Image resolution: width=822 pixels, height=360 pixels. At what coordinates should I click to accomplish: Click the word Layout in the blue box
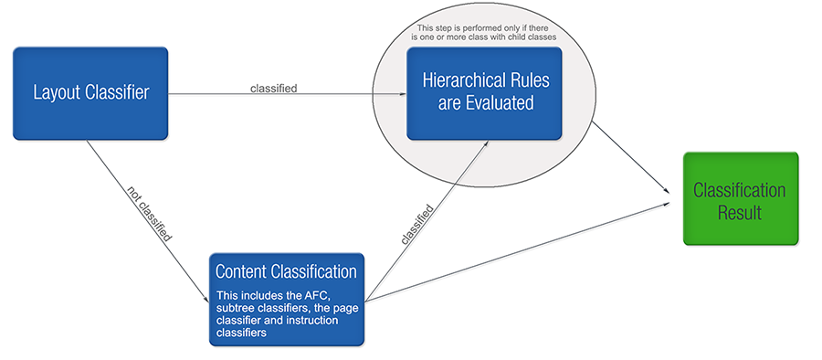[56, 92]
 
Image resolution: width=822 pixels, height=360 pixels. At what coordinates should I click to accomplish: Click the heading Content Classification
[286, 271]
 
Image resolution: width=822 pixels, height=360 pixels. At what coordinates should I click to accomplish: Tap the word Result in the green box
[740, 211]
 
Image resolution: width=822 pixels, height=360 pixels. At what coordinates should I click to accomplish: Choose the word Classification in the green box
[740, 190]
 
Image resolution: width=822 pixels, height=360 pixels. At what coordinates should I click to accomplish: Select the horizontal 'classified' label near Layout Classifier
[274, 88]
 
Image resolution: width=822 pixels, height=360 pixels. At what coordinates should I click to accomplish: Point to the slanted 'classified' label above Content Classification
[417, 219]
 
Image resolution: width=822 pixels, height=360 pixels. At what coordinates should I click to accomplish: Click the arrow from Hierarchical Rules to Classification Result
[630, 155]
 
